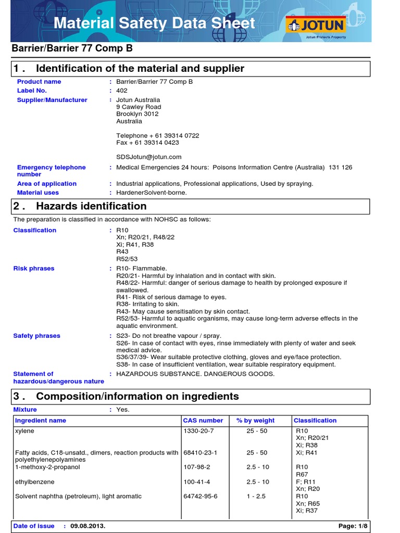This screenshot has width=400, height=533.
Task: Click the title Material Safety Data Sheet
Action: click(155, 23)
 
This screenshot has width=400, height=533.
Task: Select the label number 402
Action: click(121, 91)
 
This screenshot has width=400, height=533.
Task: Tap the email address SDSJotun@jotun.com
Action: click(148, 157)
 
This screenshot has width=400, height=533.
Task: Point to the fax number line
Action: click(147, 142)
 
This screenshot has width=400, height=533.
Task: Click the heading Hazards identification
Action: click(91, 206)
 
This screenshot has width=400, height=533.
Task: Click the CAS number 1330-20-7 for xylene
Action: click(198, 431)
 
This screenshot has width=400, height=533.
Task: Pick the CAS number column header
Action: click(203, 421)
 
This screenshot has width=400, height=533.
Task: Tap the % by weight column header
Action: click(255, 421)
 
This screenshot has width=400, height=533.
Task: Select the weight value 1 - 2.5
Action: click(256, 497)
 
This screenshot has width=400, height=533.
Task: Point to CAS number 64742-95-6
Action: click(200, 497)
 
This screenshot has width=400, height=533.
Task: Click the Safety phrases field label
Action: click(36, 336)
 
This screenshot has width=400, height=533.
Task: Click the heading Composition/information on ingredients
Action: click(137, 396)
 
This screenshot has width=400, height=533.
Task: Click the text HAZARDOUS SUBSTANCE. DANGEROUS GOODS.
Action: click(195, 374)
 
